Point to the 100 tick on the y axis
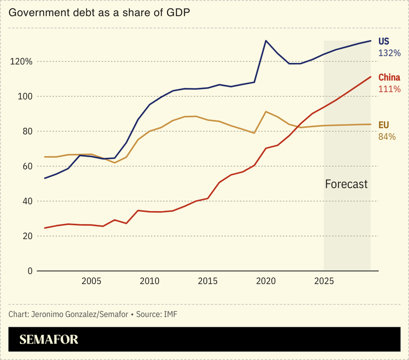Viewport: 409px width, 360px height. tap(25, 96)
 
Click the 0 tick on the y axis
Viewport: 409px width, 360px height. tap(30, 271)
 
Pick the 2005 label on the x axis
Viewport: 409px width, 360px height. tap(91, 281)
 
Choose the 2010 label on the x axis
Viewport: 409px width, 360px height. tap(149, 281)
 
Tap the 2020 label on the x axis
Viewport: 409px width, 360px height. tap(266, 281)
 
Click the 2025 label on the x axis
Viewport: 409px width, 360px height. tap(325, 281)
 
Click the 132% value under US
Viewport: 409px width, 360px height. tap(389, 53)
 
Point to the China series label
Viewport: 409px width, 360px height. tap(389, 78)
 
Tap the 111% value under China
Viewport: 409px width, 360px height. tap(389, 89)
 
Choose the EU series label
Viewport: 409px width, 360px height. tap(384, 125)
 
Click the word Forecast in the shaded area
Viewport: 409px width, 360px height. tap(347, 184)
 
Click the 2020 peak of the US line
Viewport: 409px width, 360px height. tap(266, 40)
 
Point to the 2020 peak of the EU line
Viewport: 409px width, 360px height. tap(266, 112)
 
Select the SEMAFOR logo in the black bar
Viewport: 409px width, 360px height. tap(49, 340)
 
